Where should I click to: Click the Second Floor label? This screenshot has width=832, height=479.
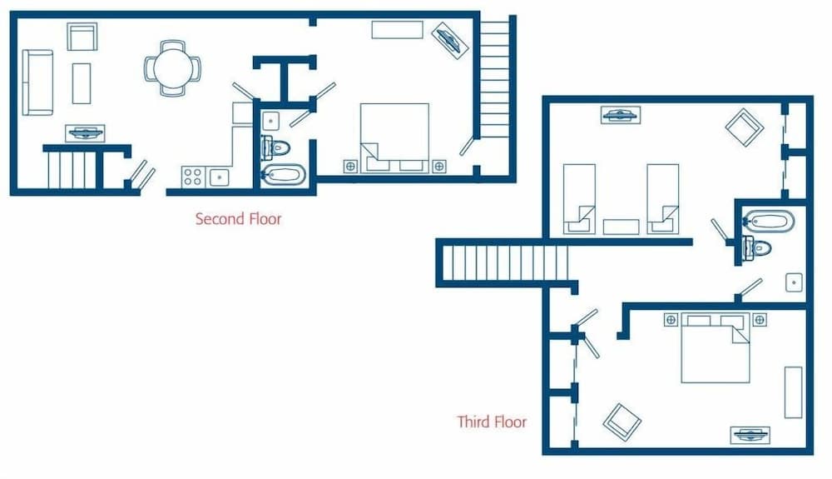tap(238, 219)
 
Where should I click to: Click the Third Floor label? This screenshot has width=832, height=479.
tap(492, 422)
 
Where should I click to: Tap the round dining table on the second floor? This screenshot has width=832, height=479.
tap(173, 66)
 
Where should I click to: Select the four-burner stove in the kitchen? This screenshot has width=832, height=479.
tap(193, 176)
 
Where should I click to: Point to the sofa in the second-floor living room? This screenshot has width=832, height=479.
tap(37, 82)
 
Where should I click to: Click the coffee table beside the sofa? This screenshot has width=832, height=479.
tap(81, 83)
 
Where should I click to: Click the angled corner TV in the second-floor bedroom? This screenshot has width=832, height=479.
tap(449, 38)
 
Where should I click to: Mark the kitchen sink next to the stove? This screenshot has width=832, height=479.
tap(220, 176)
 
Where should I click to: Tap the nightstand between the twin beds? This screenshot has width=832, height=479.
tap(622, 227)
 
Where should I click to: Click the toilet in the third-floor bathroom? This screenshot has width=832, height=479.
tap(759, 247)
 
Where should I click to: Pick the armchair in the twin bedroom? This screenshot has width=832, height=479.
tap(745, 128)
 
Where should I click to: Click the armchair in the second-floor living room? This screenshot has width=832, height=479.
tap(82, 37)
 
